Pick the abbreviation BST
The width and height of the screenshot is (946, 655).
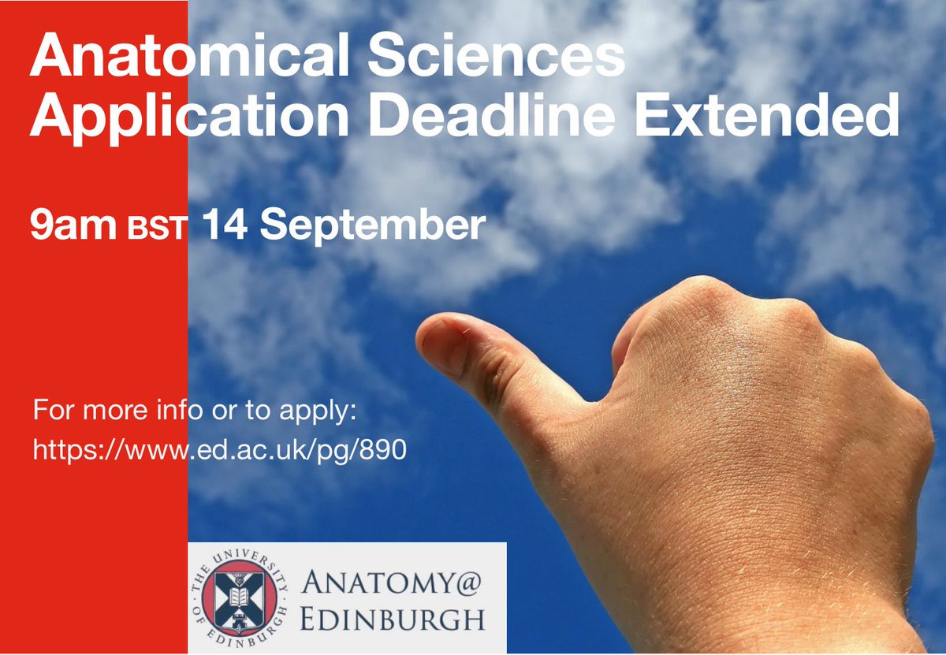click(x=158, y=229)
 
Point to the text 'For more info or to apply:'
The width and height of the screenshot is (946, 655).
click(x=195, y=412)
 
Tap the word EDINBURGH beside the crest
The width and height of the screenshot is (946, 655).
click(x=391, y=620)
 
